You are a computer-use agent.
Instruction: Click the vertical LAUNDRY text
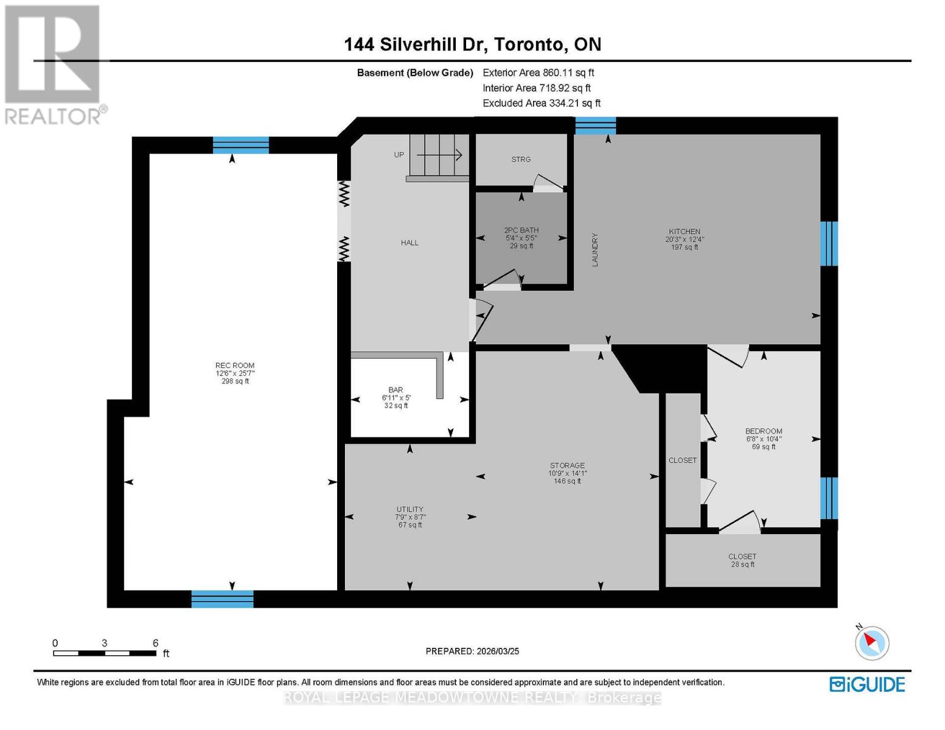pos(595,249)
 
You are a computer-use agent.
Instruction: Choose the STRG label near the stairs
pos(521,159)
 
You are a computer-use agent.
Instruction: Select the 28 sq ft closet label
pos(742,560)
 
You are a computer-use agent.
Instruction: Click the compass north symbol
pos(872,642)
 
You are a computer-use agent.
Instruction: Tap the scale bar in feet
pos(104,653)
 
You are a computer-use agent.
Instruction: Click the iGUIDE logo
pos(867,684)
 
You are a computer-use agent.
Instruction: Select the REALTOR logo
pos(54,64)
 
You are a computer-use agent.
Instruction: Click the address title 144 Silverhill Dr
pos(472,44)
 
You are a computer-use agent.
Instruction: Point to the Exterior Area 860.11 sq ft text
pos(538,72)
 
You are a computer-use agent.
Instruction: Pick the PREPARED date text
pos(472,651)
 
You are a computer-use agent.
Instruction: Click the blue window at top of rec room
pos(240,145)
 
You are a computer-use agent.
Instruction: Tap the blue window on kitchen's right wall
pos(829,243)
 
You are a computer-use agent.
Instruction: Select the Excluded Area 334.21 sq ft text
pos(542,103)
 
